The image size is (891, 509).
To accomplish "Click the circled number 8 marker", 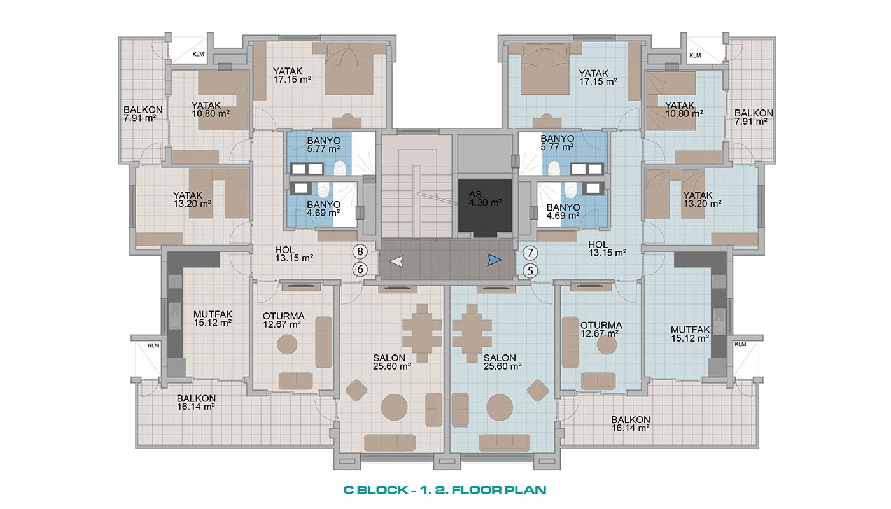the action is point(360,251).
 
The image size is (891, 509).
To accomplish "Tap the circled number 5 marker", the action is point(530,271).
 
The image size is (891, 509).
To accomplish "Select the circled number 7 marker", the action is point(530,253).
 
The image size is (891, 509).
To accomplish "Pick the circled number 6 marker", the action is point(360,269).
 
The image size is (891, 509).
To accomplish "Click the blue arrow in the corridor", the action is point(495,260).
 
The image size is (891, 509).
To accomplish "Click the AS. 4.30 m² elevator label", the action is point(485,199).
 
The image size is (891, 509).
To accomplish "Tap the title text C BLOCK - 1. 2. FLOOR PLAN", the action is point(445,489).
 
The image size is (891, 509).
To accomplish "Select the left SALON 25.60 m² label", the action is point(392,362).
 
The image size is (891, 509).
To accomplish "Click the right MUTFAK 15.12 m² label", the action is point(690,334).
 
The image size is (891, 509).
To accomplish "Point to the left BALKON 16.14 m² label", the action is point(196,402).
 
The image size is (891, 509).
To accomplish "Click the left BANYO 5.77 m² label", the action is point(323,145).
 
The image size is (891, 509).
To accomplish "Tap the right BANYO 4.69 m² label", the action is point(563,211).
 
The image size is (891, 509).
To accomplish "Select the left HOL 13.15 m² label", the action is point(294,254).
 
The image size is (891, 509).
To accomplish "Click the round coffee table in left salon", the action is point(394,407).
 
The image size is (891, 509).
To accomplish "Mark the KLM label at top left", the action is point(198,54).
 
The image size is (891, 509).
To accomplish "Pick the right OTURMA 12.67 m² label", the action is point(601,330).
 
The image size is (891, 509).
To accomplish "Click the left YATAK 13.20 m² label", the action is point(192,199).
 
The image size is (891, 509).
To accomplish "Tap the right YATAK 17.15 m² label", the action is point(598,77).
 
